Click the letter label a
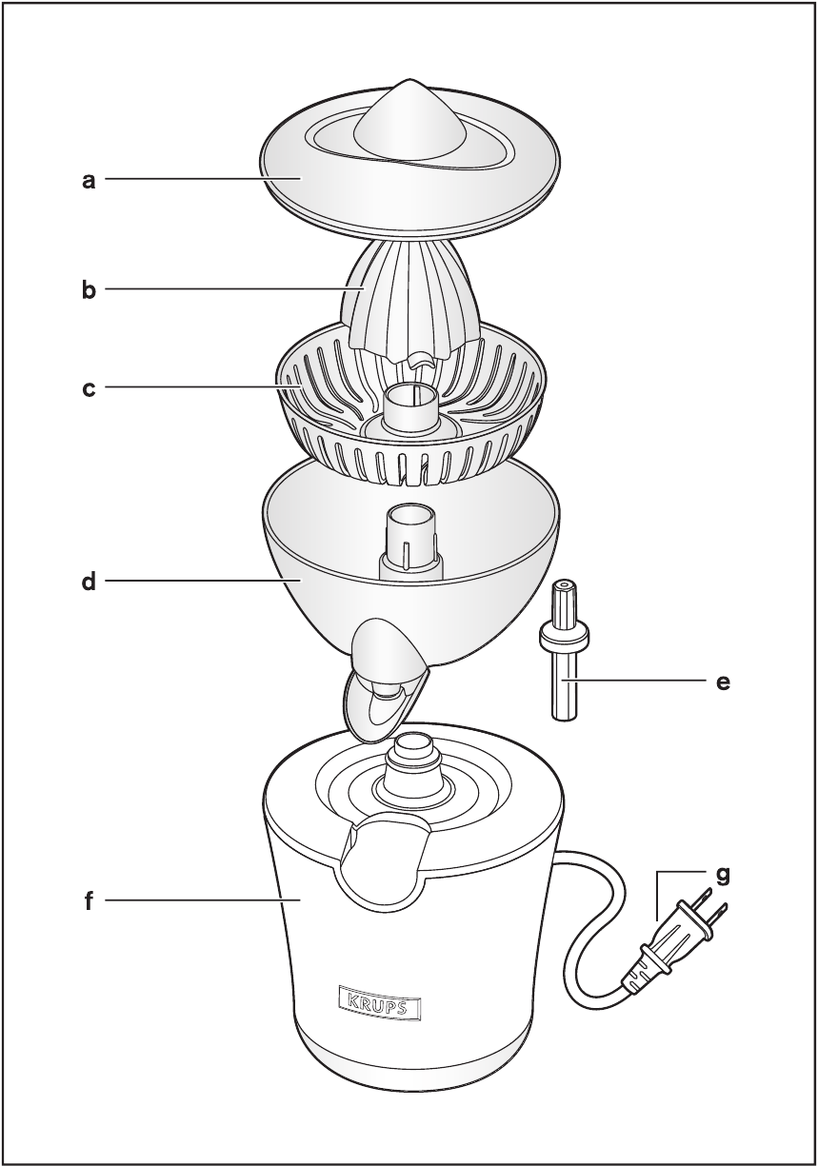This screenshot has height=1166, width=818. pos(90,181)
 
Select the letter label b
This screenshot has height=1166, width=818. pos(90,290)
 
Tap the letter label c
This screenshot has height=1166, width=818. pos(90,389)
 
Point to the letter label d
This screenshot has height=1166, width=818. pos(90,581)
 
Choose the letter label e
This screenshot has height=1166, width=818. pos(723,682)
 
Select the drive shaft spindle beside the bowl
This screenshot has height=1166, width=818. pos(565,651)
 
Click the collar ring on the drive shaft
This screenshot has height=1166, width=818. pos(565,635)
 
